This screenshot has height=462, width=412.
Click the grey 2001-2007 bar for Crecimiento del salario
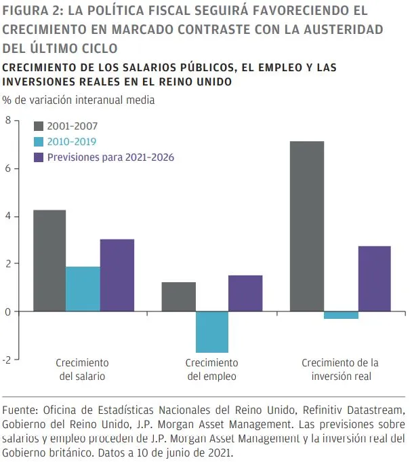click(x=49, y=261)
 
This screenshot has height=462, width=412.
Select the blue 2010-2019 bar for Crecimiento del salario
click(x=83, y=289)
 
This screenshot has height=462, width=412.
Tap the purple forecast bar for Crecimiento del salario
click(x=117, y=275)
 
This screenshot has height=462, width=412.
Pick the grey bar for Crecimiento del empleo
click(x=179, y=296)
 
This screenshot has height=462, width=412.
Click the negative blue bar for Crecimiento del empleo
click(x=212, y=332)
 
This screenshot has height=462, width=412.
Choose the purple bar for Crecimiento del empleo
click(x=245, y=293)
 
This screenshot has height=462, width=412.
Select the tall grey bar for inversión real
click(x=307, y=226)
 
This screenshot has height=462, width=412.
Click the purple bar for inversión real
click(x=374, y=278)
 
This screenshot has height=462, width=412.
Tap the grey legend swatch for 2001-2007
click(x=39, y=126)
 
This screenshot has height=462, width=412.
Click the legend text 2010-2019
click(x=71, y=141)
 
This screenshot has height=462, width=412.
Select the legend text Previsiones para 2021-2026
click(x=110, y=157)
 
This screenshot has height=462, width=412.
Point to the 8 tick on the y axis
click(x=8, y=121)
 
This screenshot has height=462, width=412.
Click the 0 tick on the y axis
click(x=8, y=311)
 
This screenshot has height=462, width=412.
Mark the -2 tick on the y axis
click(x=7, y=360)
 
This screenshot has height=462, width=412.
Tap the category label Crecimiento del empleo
click(x=212, y=369)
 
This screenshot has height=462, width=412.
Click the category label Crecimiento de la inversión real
click(x=340, y=369)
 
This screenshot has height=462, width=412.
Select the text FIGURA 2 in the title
click(x=31, y=12)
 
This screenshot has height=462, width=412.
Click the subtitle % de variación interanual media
click(x=78, y=100)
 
